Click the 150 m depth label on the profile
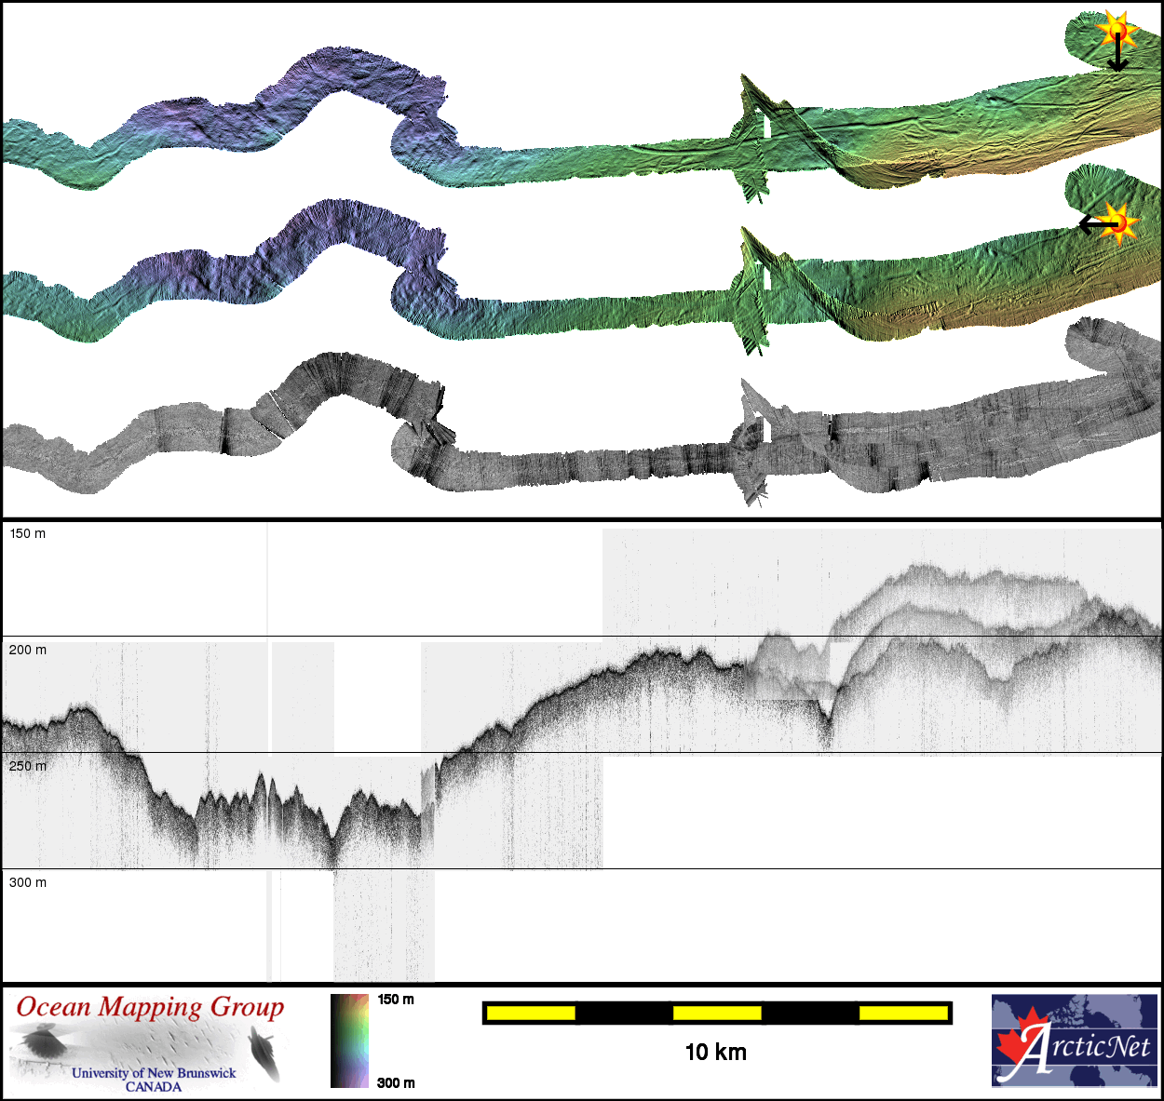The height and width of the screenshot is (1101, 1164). click(x=27, y=533)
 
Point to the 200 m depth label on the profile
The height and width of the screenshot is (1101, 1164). click(x=27, y=650)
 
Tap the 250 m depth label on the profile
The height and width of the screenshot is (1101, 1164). click(x=27, y=766)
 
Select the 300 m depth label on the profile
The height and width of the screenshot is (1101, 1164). click(x=27, y=882)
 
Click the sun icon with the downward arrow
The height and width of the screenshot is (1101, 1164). click(x=1117, y=30)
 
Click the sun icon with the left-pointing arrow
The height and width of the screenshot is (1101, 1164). click(x=1118, y=223)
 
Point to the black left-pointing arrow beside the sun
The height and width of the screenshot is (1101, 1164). click(x=1098, y=224)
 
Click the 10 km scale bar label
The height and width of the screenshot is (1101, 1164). click(x=716, y=1053)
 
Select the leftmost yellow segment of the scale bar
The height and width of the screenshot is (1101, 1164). click(x=531, y=1013)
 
